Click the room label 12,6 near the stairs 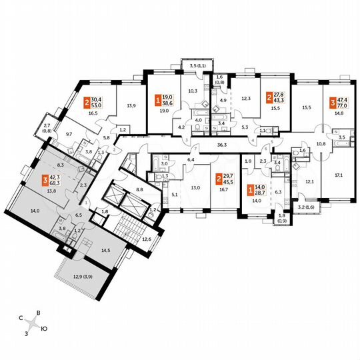coord(146,238)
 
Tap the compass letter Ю coord(44,329)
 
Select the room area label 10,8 coord(320,144)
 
